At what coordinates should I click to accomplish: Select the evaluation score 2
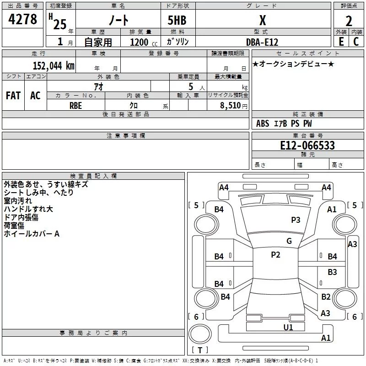click(349, 21)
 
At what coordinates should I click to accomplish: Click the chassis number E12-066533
click(307, 145)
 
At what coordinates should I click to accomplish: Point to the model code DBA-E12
click(262, 41)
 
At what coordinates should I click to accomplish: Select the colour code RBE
click(76, 104)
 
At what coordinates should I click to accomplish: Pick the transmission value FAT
click(13, 96)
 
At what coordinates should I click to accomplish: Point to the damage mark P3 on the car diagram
click(296, 220)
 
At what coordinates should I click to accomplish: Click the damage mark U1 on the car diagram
click(288, 327)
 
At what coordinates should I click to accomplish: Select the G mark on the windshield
click(289, 241)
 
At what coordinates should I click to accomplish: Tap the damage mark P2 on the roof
click(275, 255)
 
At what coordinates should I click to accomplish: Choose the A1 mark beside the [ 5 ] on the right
click(332, 209)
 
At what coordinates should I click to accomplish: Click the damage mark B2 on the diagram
click(326, 297)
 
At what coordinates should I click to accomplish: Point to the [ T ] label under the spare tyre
click(200, 350)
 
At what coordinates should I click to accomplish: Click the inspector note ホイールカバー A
click(32, 234)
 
